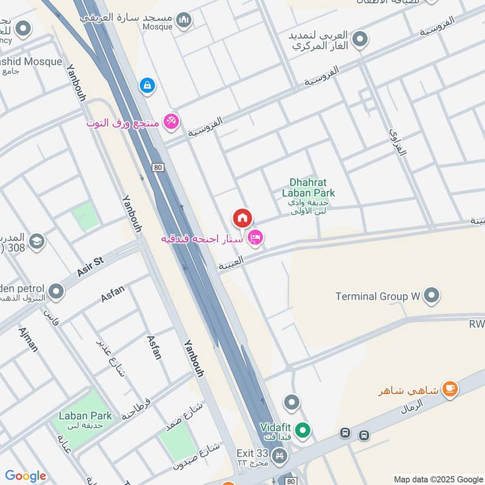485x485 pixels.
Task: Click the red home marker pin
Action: pyautogui.click(x=242, y=218)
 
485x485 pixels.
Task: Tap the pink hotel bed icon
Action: pyautogui.click(x=256, y=238)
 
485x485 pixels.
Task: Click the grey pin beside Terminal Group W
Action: pyautogui.click(x=432, y=295)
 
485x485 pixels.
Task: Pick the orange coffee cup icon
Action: pyautogui.click(x=449, y=389)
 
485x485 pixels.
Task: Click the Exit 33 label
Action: pyautogui.click(x=251, y=453)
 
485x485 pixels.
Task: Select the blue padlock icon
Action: pyautogui.click(x=147, y=85)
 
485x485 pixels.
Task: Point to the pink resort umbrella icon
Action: pyautogui.click(x=172, y=122)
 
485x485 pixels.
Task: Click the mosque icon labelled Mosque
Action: pyautogui.click(x=184, y=22)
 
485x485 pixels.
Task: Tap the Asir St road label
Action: pyautogui.click(x=91, y=267)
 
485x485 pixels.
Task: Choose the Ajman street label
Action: pyautogui.click(x=28, y=339)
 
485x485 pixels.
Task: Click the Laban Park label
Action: pyautogui.click(x=85, y=416)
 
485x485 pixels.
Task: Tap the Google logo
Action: pyautogui.click(x=25, y=476)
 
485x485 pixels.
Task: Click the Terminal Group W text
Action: pyautogui.click(x=378, y=296)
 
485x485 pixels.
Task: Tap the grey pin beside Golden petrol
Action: pyautogui.click(x=56, y=292)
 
